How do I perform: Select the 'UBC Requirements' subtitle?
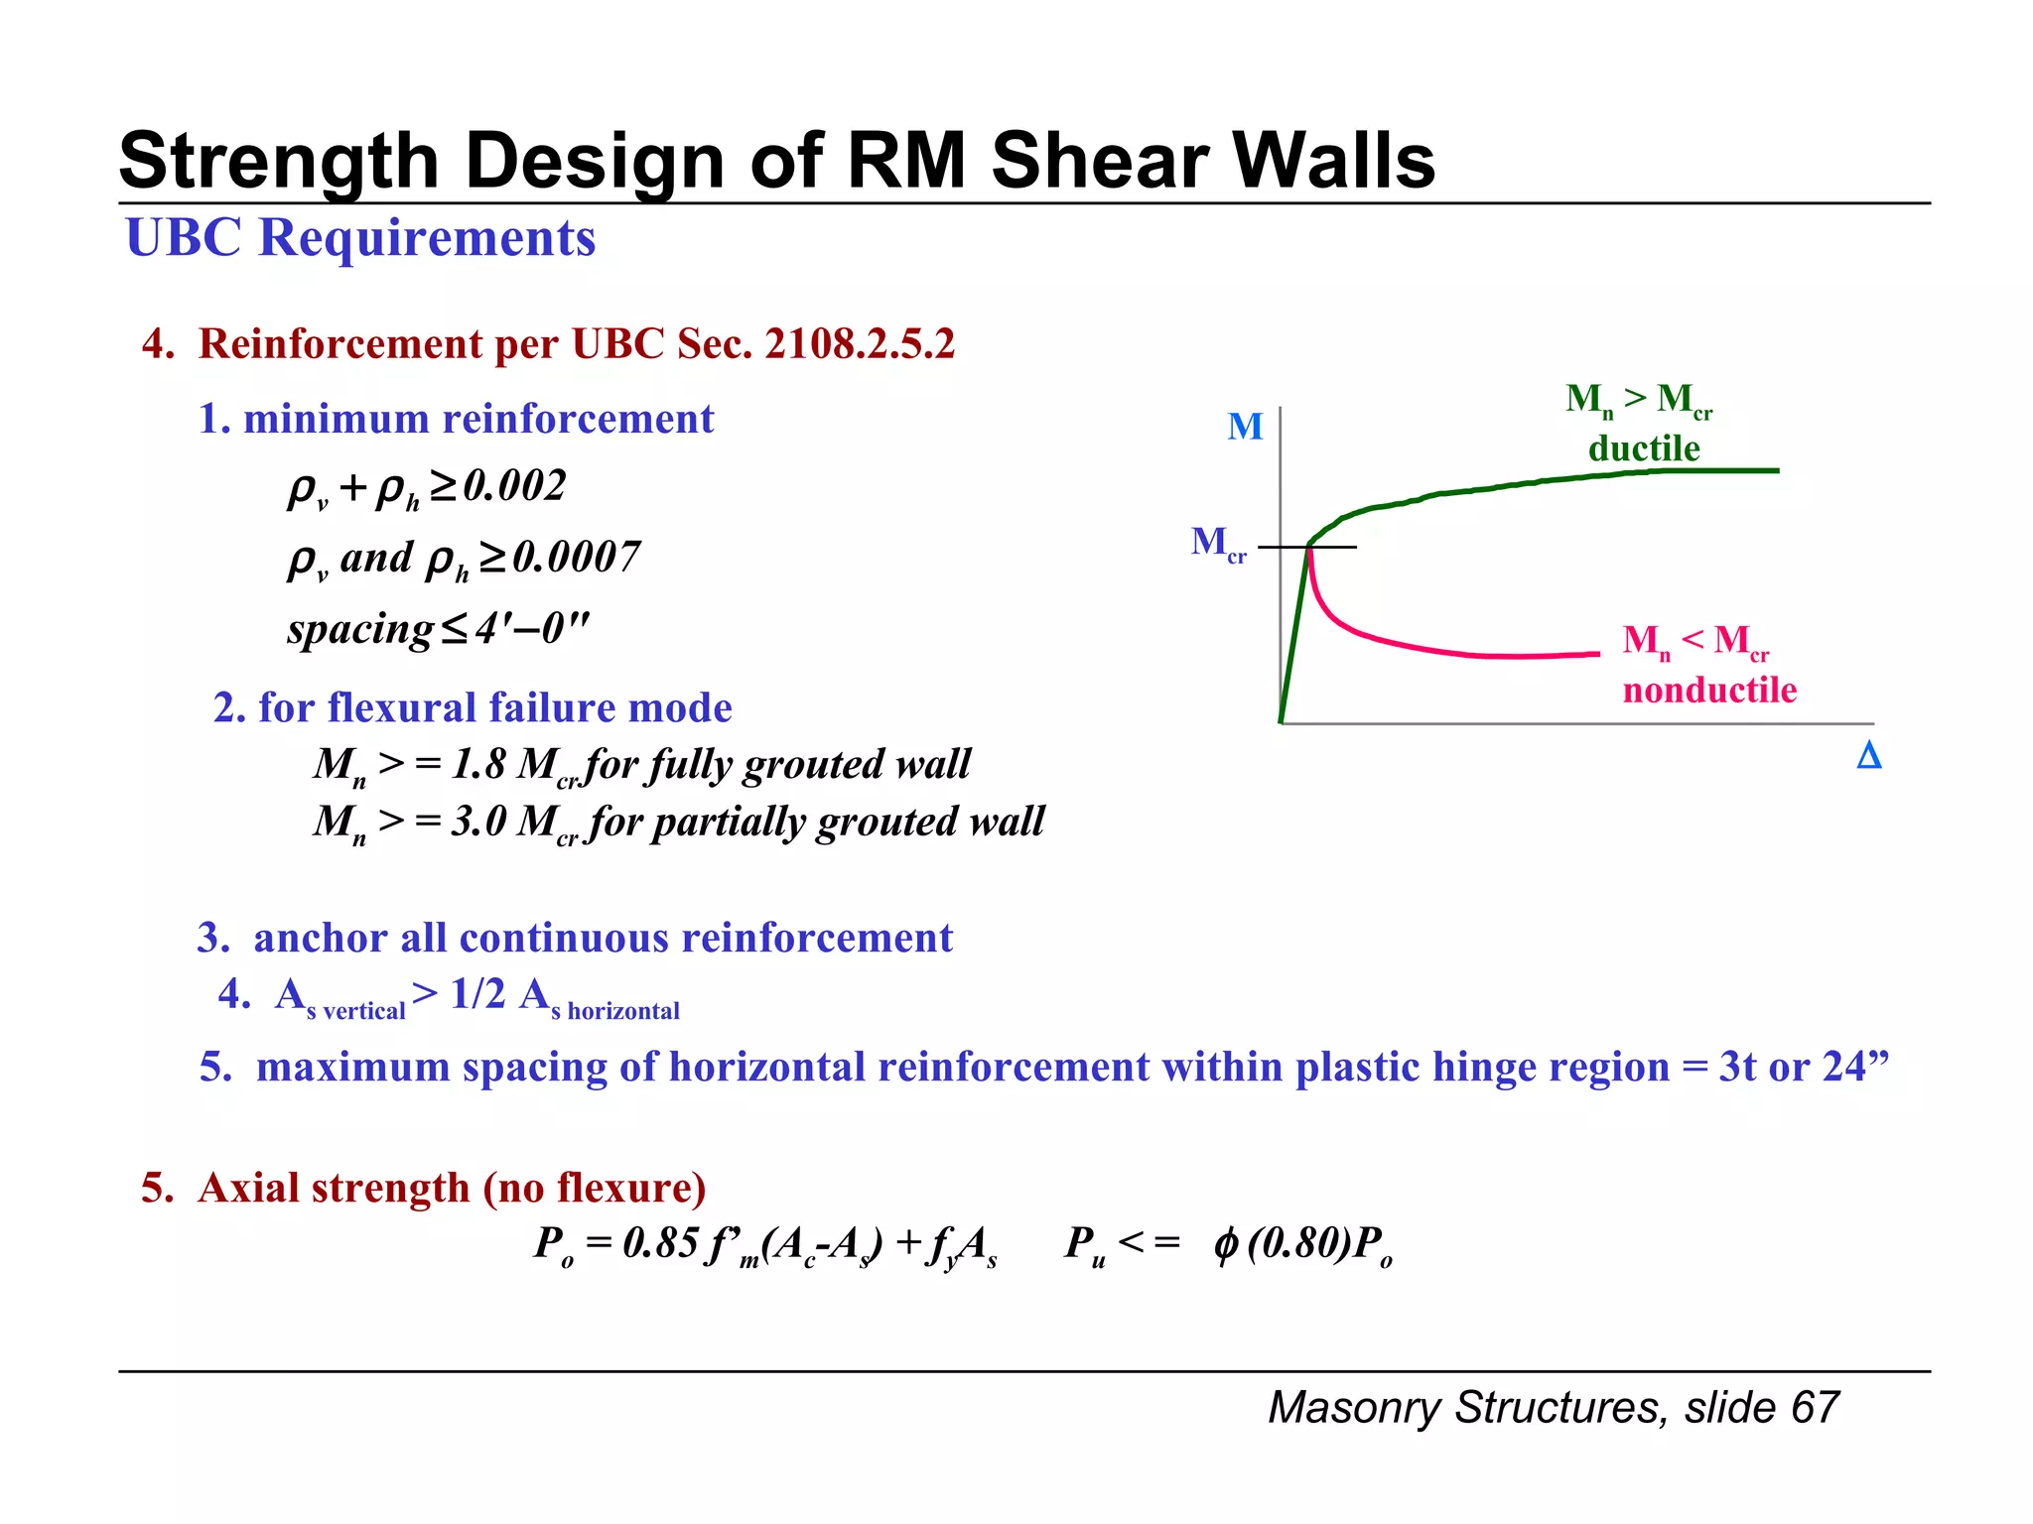tap(360, 238)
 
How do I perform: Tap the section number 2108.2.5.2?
tap(860, 344)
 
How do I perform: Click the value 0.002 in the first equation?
tap(515, 486)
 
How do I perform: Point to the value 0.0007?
tap(577, 558)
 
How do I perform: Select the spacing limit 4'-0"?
tap(532, 629)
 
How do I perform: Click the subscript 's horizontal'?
tap(615, 1011)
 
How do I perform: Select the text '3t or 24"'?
tap(1803, 1068)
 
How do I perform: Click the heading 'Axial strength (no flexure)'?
tap(452, 1189)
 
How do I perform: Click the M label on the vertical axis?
tap(1245, 428)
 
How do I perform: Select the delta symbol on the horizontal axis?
tap(1868, 757)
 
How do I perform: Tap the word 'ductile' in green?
tap(1644, 449)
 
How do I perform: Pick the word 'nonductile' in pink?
tap(1709, 691)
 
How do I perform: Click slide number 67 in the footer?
tap(1816, 1408)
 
